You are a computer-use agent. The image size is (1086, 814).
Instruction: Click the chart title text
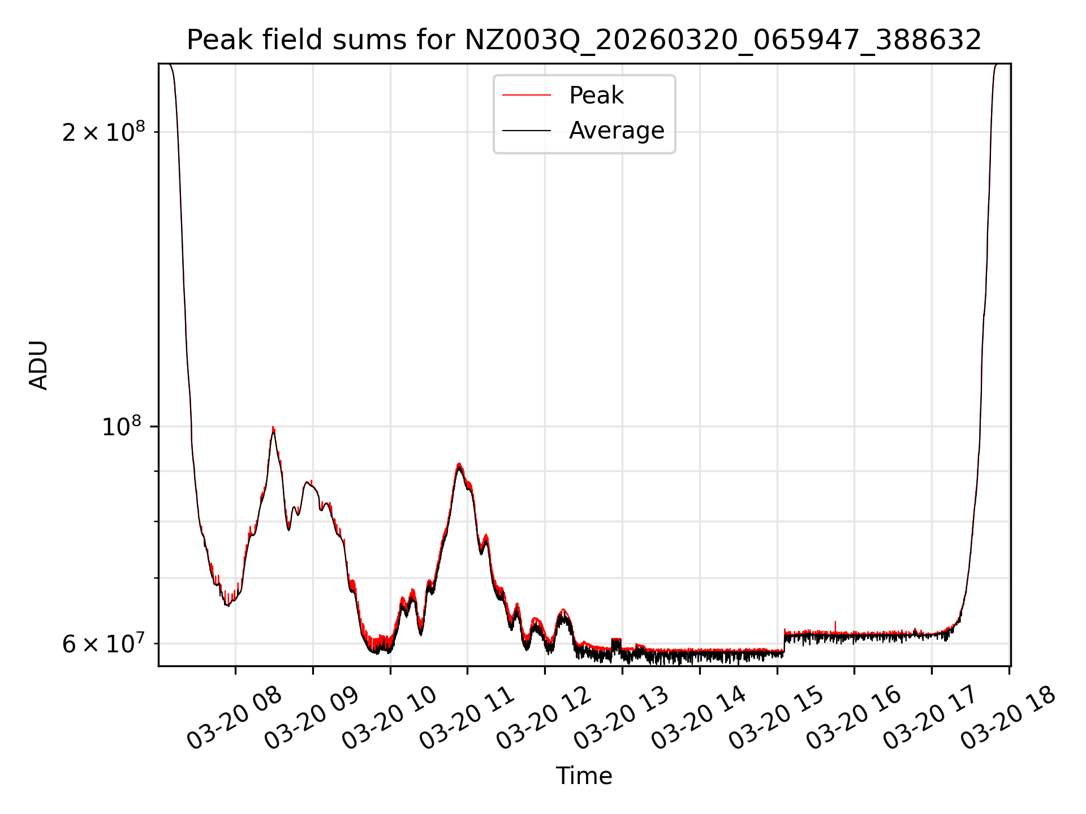584,40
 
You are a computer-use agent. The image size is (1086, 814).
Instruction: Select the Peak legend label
596,96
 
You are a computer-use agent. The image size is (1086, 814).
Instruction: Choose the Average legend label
617,131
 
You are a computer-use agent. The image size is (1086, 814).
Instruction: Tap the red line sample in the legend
527,96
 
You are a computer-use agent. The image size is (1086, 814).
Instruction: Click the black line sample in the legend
527,131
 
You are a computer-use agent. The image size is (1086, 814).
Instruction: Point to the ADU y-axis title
38,365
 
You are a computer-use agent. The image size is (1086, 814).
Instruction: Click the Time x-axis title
584,776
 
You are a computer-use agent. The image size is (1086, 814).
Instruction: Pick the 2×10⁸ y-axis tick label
104,133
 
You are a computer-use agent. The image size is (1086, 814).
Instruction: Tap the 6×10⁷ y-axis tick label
104,644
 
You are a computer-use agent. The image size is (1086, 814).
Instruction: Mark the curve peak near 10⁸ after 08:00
273,428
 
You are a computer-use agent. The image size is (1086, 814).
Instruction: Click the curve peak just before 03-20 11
459,464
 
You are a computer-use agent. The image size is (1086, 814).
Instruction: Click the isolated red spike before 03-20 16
835,623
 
